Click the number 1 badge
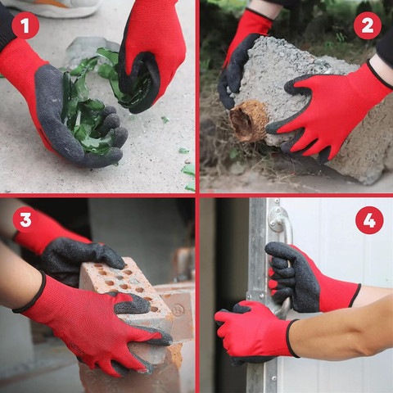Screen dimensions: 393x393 [25, 25]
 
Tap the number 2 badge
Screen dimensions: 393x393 [368, 25]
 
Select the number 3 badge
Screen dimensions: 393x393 [26, 219]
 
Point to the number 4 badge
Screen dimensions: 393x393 [369, 220]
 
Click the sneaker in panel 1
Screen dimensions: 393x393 [52, 7]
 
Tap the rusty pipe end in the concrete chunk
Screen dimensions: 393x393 [248, 120]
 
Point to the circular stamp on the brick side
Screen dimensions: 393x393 [178, 310]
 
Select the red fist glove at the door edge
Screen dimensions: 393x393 [254, 330]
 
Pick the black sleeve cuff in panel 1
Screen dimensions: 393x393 [6, 26]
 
